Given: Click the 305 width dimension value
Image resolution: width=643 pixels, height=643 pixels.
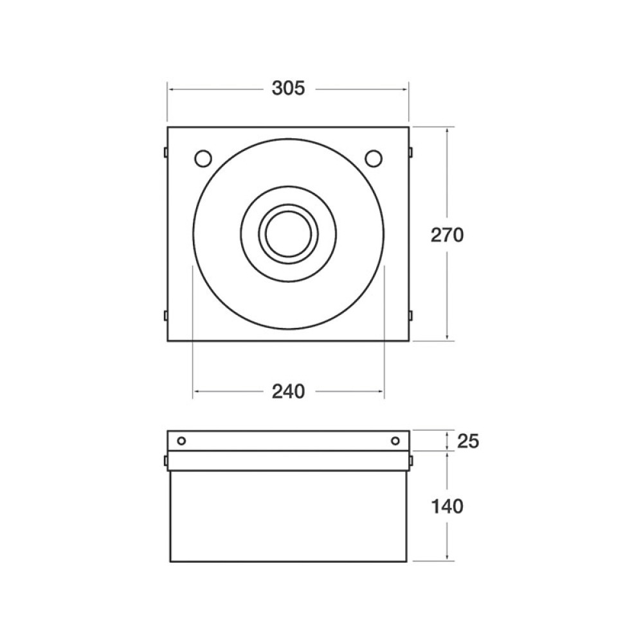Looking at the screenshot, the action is coord(288,88).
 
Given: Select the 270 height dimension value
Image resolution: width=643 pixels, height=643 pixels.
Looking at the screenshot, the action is coord(447,235).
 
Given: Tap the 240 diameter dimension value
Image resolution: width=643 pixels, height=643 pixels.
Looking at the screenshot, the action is coord(288,392).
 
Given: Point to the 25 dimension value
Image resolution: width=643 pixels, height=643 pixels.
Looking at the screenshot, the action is coord(467,441).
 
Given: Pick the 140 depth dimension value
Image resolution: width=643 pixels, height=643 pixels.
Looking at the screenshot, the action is coord(447,507).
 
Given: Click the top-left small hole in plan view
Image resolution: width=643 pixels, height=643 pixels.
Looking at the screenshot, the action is coord(203,158).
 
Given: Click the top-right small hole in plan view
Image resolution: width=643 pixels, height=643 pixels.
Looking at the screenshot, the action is coord(374,158).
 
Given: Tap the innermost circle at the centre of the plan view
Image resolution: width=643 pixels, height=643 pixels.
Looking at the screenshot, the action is coord(288,234).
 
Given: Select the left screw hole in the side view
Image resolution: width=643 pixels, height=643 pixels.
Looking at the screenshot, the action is coord(181,441).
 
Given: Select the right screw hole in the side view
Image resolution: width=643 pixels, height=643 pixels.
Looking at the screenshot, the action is coord(395,441).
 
